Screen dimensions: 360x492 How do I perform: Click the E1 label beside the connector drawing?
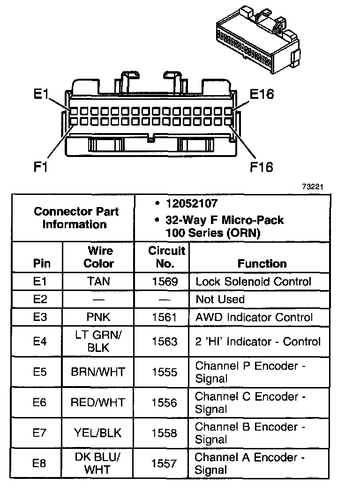41,94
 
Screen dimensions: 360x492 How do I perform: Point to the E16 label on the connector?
262,94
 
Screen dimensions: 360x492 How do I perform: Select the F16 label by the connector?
261,167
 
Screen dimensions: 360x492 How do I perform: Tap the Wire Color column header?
98,257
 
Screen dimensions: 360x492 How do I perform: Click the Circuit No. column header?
166,257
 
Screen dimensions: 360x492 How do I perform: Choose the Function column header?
262,263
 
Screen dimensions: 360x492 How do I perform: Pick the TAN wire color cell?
98,282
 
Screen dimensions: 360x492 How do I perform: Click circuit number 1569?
165,282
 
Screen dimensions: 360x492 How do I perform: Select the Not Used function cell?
220,299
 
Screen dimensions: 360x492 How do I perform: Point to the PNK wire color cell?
98,317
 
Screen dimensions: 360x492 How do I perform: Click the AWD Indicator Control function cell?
254,317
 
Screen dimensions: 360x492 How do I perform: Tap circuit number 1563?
165,342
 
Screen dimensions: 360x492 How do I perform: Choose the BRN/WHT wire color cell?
98,372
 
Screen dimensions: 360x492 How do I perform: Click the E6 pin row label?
40,403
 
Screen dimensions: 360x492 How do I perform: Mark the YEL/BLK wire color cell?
98,433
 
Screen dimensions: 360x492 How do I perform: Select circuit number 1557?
165,463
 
